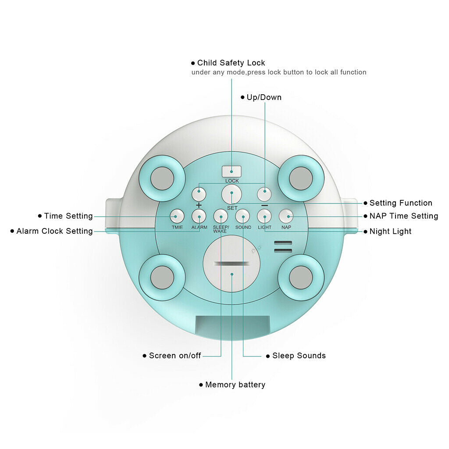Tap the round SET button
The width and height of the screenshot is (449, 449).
coord(232,194)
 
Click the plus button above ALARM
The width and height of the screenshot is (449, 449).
coord(199,194)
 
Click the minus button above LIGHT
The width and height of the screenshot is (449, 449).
coord(264,194)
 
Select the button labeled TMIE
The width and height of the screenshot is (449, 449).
coord(177,216)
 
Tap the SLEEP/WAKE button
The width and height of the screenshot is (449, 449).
coord(221,216)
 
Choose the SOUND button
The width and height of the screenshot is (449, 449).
coord(242,216)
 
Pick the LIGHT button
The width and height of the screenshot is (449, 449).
coord(264,216)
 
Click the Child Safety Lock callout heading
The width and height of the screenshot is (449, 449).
coord(231,63)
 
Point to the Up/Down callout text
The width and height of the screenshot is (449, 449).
coord(264,97)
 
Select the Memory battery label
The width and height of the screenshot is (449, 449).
coord(235,385)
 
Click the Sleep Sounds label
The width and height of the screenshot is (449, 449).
coord(299,356)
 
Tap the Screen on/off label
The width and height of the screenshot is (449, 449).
coord(175,356)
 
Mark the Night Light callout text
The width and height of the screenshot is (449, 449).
coord(390,232)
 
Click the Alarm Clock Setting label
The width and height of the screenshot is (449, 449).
coord(54,231)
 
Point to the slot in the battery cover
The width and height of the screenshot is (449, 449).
coord(232,264)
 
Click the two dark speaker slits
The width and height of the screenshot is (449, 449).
coord(283,246)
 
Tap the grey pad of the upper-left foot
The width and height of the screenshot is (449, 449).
coord(162,178)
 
